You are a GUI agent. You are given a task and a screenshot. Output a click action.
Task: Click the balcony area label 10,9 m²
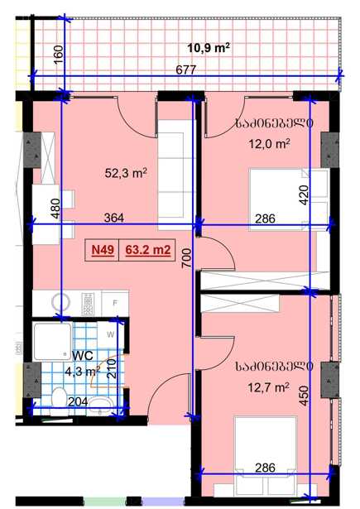pyautogui.click(x=209, y=48)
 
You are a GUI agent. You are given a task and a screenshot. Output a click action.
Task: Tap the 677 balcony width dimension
pyautogui.click(x=185, y=70)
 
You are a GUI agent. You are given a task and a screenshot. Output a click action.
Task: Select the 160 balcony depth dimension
pyautogui.click(x=57, y=55)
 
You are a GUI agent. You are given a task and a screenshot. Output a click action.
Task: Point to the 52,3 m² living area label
pyautogui.click(x=126, y=173)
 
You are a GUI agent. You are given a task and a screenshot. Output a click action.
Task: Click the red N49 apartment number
pyautogui.click(x=103, y=250)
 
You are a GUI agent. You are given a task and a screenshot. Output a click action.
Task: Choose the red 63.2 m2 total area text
pyautogui.click(x=147, y=250)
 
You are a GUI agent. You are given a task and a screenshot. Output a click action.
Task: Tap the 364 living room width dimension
pyautogui.click(x=114, y=218)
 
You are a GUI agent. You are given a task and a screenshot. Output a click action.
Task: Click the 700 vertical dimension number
pyautogui.click(x=187, y=259)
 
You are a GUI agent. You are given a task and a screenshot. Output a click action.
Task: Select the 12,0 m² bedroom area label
pyautogui.click(x=269, y=143)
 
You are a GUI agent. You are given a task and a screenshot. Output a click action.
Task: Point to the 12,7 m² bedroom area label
pyautogui.click(x=268, y=387)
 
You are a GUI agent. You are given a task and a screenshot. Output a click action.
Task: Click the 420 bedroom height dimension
pyautogui.click(x=304, y=194)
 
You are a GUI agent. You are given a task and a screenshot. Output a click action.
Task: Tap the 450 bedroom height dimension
pyautogui.click(x=304, y=396)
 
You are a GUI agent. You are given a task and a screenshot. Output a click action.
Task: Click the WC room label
pyautogui.click(x=83, y=355)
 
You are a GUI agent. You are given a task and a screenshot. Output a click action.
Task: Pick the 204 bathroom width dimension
pyautogui.click(x=78, y=401)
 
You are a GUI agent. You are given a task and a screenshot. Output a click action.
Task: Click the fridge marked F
pyautogui.click(x=115, y=303)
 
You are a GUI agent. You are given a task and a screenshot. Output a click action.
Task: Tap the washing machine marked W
pyautogui.click(x=111, y=334)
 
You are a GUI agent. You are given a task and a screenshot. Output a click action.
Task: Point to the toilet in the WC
pyautogui.click(x=59, y=401)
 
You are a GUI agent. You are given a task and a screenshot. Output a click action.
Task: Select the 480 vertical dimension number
pyautogui.click(x=55, y=208)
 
